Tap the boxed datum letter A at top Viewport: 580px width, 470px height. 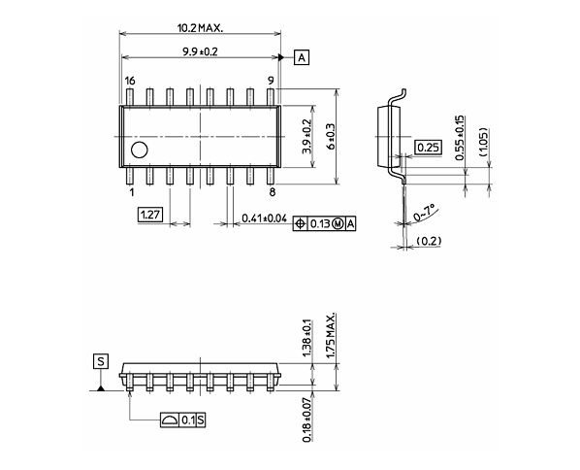[302, 58]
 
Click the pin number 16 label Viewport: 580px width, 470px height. [130, 82]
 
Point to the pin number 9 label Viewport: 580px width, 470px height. [272, 82]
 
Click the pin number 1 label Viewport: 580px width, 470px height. [131, 192]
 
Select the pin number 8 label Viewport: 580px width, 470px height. [272, 192]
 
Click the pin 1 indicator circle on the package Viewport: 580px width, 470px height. [140, 150]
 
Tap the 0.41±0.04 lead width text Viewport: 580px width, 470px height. [265, 218]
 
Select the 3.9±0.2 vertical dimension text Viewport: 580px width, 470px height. [306, 137]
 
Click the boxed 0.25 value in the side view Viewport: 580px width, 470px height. [427, 147]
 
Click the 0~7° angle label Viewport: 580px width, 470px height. [425, 213]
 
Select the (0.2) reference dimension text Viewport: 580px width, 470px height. [428, 240]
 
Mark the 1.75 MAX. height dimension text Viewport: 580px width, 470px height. [330, 338]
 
